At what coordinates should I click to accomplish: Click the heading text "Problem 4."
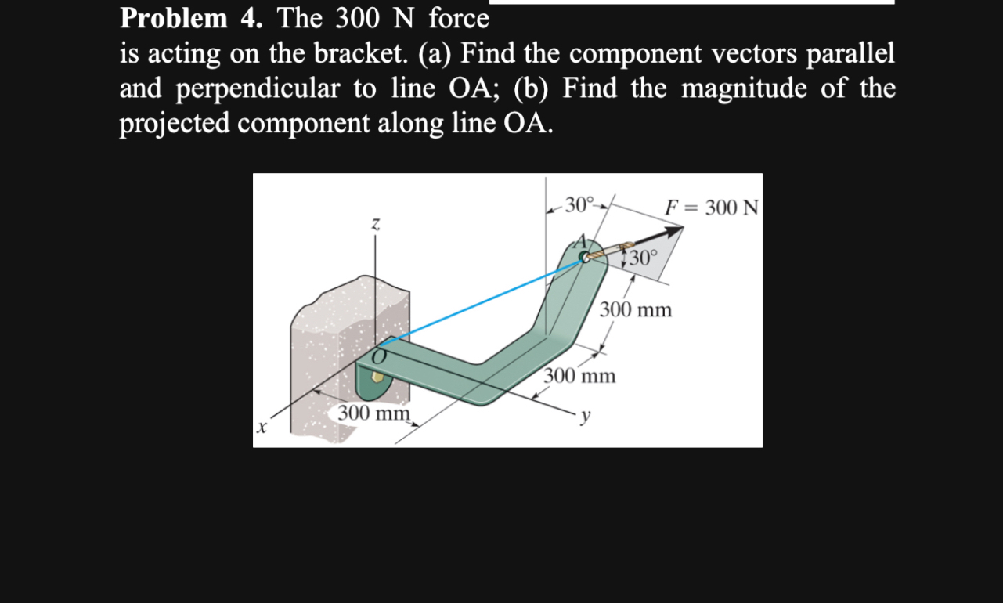[191, 18]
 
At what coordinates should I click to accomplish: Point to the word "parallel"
[851, 54]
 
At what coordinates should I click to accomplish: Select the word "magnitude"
[744, 88]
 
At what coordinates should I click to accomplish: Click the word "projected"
[174, 124]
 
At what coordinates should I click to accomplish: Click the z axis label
[375, 226]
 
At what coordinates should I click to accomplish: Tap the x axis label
[262, 428]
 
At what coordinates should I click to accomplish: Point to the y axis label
[583, 416]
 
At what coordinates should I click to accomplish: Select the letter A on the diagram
[582, 240]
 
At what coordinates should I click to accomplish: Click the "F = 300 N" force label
[711, 208]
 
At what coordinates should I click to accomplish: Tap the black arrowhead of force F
[673, 231]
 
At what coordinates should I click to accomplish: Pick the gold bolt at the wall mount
[378, 377]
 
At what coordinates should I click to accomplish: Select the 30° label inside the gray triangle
[643, 258]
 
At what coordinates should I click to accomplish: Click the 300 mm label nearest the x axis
[373, 413]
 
